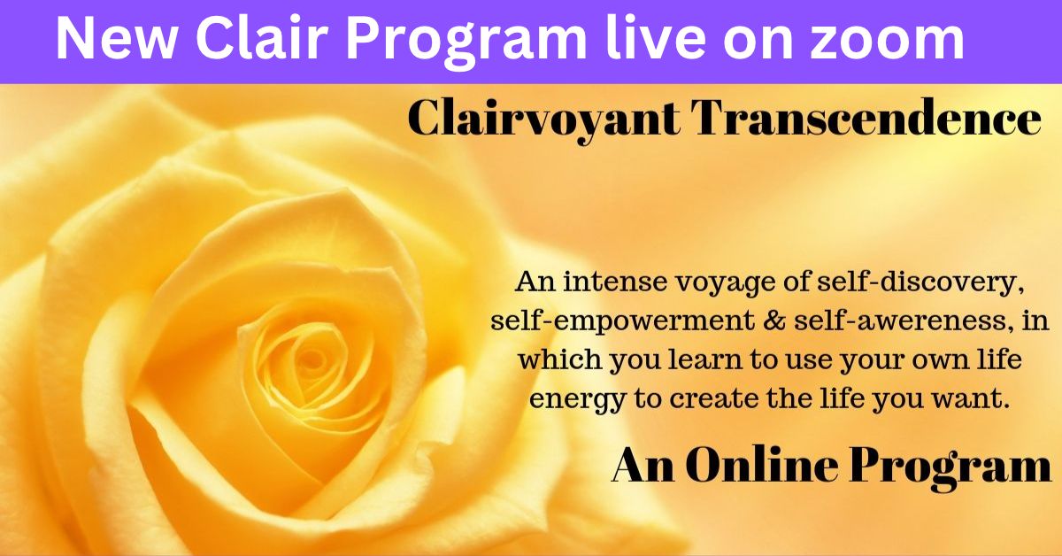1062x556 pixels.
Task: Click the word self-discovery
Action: pos(922,283)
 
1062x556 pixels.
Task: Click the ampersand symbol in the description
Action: pos(773,320)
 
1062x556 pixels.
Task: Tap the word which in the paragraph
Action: pos(559,359)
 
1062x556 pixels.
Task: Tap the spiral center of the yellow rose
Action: pos(311,359)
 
